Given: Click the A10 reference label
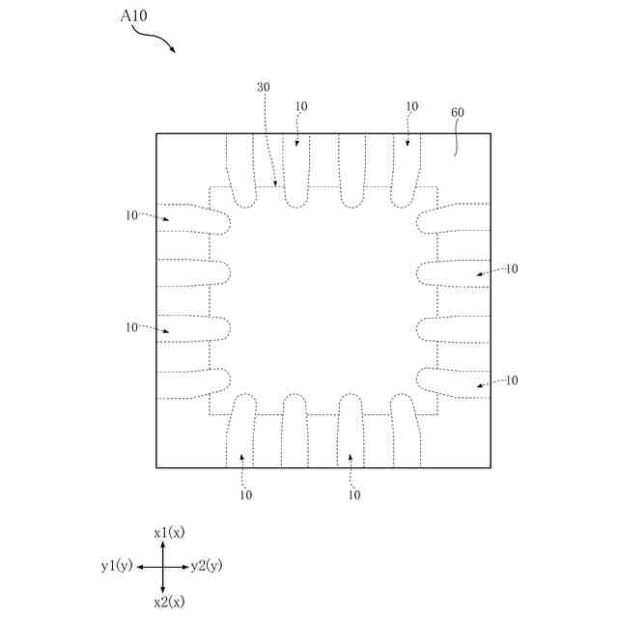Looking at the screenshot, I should coord(134,16).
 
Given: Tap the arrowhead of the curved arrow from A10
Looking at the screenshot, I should coord(174,51).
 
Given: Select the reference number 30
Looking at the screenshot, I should coord(264,87).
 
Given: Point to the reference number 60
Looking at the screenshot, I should coord(458,113).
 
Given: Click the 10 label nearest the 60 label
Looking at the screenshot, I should coord(412,106).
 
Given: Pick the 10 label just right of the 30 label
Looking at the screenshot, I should coord(301,106).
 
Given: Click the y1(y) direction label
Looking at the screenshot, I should coord(116,566).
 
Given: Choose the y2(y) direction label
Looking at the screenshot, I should coord(207,566).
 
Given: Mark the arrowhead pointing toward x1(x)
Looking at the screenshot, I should coord(162,545).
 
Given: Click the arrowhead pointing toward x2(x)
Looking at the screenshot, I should coord(162,588).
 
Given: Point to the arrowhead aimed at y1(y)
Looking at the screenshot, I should coord(140,567).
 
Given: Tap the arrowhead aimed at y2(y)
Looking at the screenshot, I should coord(184,567).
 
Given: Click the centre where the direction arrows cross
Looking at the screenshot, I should coord(162,567).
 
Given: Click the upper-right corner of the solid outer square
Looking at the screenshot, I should coord(491,133).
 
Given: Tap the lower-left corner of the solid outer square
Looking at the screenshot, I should coord(156,468).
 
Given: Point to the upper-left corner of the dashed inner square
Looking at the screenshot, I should coord(210,187).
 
